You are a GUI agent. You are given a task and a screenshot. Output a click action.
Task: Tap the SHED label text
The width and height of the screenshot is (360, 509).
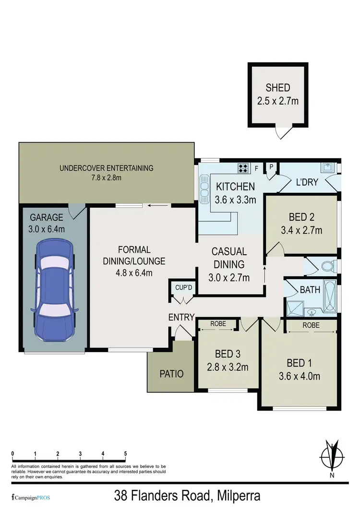[278, 88]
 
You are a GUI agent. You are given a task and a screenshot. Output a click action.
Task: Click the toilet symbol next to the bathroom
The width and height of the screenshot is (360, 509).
[326, 265]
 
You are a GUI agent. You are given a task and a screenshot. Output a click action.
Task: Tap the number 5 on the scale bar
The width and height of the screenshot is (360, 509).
[125, 453]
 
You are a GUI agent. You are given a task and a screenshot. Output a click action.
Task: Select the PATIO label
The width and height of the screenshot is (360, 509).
[171, 374]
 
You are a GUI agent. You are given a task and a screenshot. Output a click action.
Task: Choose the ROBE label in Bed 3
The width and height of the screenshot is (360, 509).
[218, 324]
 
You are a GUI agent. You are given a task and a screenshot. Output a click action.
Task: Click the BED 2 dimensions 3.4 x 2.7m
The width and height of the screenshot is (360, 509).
[301, 230]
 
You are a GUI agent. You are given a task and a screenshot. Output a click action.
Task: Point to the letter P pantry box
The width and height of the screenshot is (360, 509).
[271, 167]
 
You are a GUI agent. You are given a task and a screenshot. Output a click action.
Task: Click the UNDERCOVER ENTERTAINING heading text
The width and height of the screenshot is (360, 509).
[106, 168]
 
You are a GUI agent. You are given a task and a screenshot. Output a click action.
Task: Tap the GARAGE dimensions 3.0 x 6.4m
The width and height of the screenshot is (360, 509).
[47, 229]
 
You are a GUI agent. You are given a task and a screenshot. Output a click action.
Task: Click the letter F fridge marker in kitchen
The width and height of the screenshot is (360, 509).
[257, 168]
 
